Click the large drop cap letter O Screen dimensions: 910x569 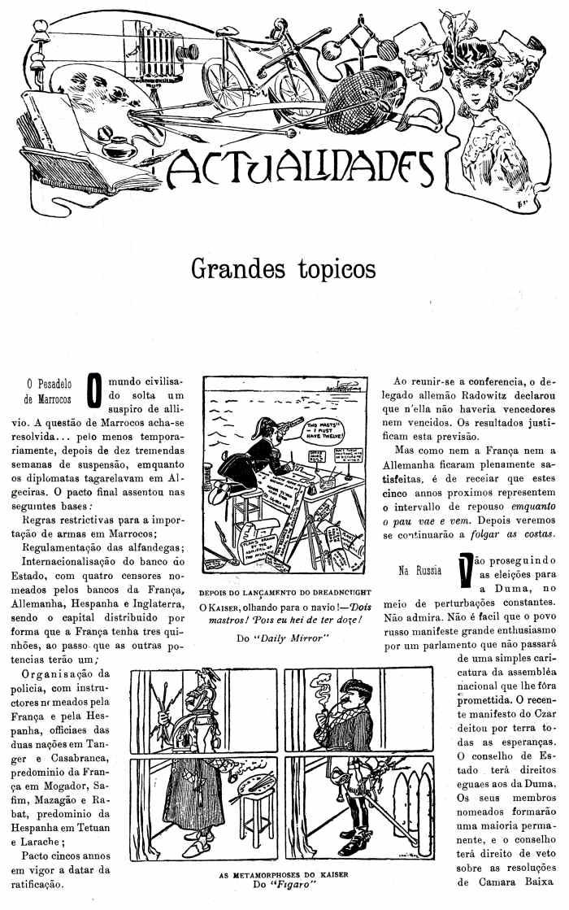(93, 389)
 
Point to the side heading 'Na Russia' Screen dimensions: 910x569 (419, 570)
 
